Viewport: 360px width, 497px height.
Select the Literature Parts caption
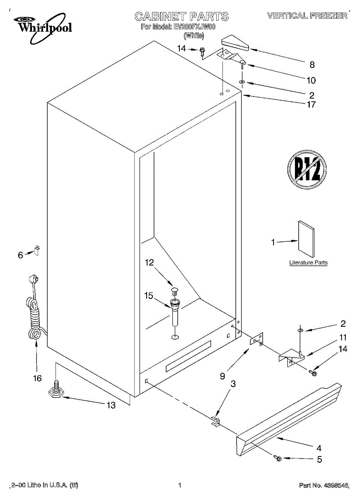click(308, 263)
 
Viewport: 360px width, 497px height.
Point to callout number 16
click(37, 378)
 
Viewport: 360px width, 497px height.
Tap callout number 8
click(312, 65)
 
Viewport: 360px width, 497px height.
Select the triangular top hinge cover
click(234, 43)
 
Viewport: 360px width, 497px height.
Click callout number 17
click(311, 104)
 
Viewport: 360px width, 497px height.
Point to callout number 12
click(149, 262)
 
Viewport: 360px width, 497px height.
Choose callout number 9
click(222, 376)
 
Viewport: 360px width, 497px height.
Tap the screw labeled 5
click(278, 458)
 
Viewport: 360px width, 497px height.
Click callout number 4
click(319, 448)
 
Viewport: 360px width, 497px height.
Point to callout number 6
click(20, 255)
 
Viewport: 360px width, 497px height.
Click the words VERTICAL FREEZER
click(307, 16)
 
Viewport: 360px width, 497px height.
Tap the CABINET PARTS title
click(181, 17)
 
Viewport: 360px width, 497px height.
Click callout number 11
click(343, 337)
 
